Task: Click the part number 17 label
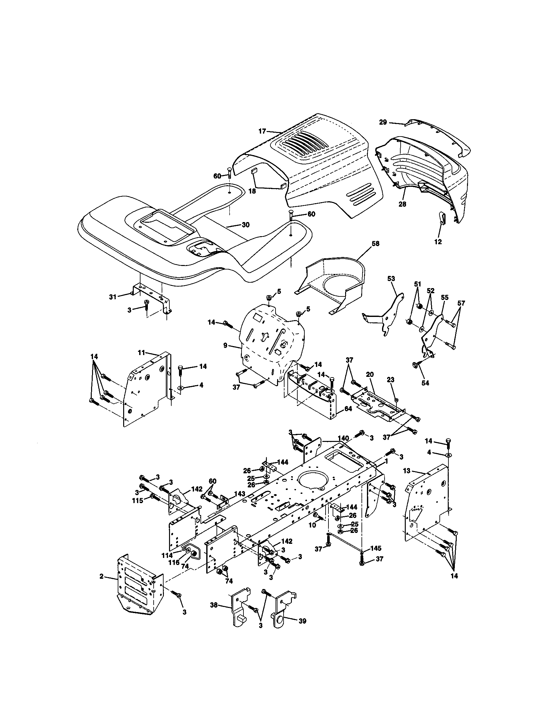pyautogui.click(x=262, y=131)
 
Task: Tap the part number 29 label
pyautogui.click(x=383, y=122)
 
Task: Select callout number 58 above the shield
pyautogui.click(x=375, y=244)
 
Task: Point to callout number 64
pyautogui.click(x=348, y=409)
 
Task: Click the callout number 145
pyautogui.click(x=376, y=548)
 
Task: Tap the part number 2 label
pyautogui.click(x=101, y=576)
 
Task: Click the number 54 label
pyautogui.click(x=425, y=383)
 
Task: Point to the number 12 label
pyautogui.click(x=438, y=241)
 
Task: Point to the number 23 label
pyautogui.click(x=391, y=380)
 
